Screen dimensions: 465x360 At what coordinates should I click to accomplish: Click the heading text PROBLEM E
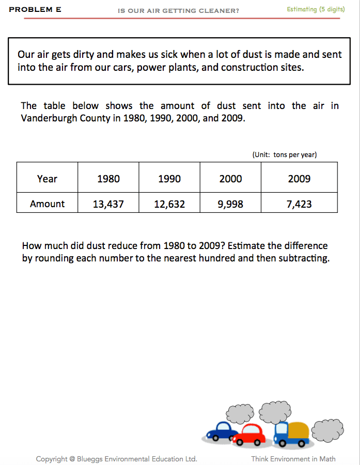point(35,9)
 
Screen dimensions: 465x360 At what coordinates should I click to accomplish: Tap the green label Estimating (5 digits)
point(316,9)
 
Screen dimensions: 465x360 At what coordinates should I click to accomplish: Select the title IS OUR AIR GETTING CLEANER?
point(179,10)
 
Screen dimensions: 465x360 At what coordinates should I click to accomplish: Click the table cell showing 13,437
point(108,204)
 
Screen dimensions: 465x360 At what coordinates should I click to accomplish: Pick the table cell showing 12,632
point(169,204)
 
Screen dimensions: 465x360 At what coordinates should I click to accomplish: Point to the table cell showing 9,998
point(230,204)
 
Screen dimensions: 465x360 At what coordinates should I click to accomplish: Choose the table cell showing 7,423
point(299,204)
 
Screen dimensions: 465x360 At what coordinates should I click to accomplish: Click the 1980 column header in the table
point(108,179)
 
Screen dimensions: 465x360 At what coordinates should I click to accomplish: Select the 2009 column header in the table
point(299,179)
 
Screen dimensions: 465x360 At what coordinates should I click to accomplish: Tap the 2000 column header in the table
point(230,179)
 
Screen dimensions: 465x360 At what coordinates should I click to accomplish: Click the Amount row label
point(47,204)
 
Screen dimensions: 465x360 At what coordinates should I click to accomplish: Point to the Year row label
point(47,179)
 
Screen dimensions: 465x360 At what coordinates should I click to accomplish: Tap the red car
point(250,434)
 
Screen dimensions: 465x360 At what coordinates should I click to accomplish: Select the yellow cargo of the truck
point(299,430)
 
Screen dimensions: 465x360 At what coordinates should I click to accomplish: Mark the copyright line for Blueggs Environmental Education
point(116,459)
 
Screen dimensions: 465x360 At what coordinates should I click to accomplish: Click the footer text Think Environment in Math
point(293,459)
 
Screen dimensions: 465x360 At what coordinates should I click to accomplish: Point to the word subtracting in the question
point(302,258)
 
